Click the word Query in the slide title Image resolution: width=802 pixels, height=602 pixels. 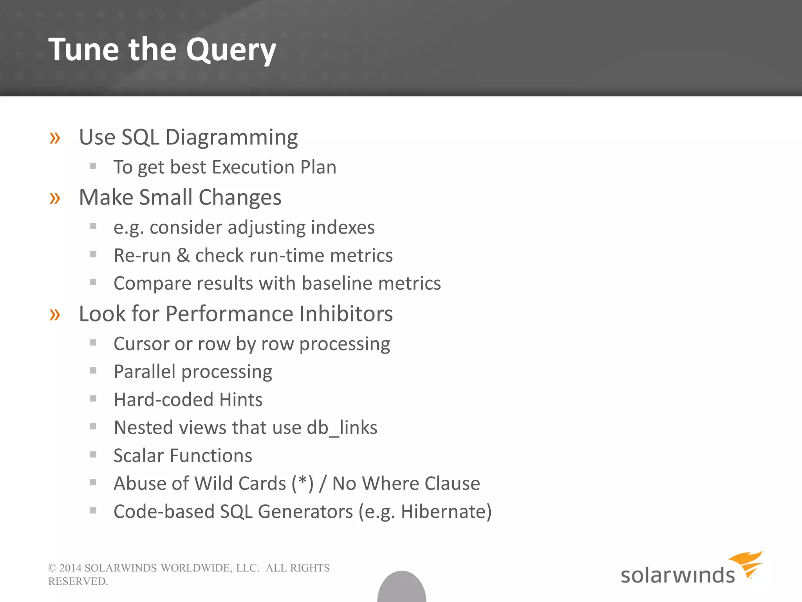[231, 50]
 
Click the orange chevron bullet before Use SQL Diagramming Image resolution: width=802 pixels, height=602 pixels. [55, 138]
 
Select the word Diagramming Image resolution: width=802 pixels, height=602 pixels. [231, 138]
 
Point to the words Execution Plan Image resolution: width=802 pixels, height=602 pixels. [274, 167]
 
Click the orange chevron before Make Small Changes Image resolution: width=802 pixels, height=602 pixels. [55, 198]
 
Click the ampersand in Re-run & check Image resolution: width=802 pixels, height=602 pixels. [183, 256]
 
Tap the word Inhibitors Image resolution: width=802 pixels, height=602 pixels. [346, 314]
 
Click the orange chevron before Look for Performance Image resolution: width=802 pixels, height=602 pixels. [55, 314]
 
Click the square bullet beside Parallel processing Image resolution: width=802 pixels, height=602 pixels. [93, 371]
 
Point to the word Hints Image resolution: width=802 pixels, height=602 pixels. [241, 400]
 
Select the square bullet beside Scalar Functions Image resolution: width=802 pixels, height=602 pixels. [93, 455]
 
